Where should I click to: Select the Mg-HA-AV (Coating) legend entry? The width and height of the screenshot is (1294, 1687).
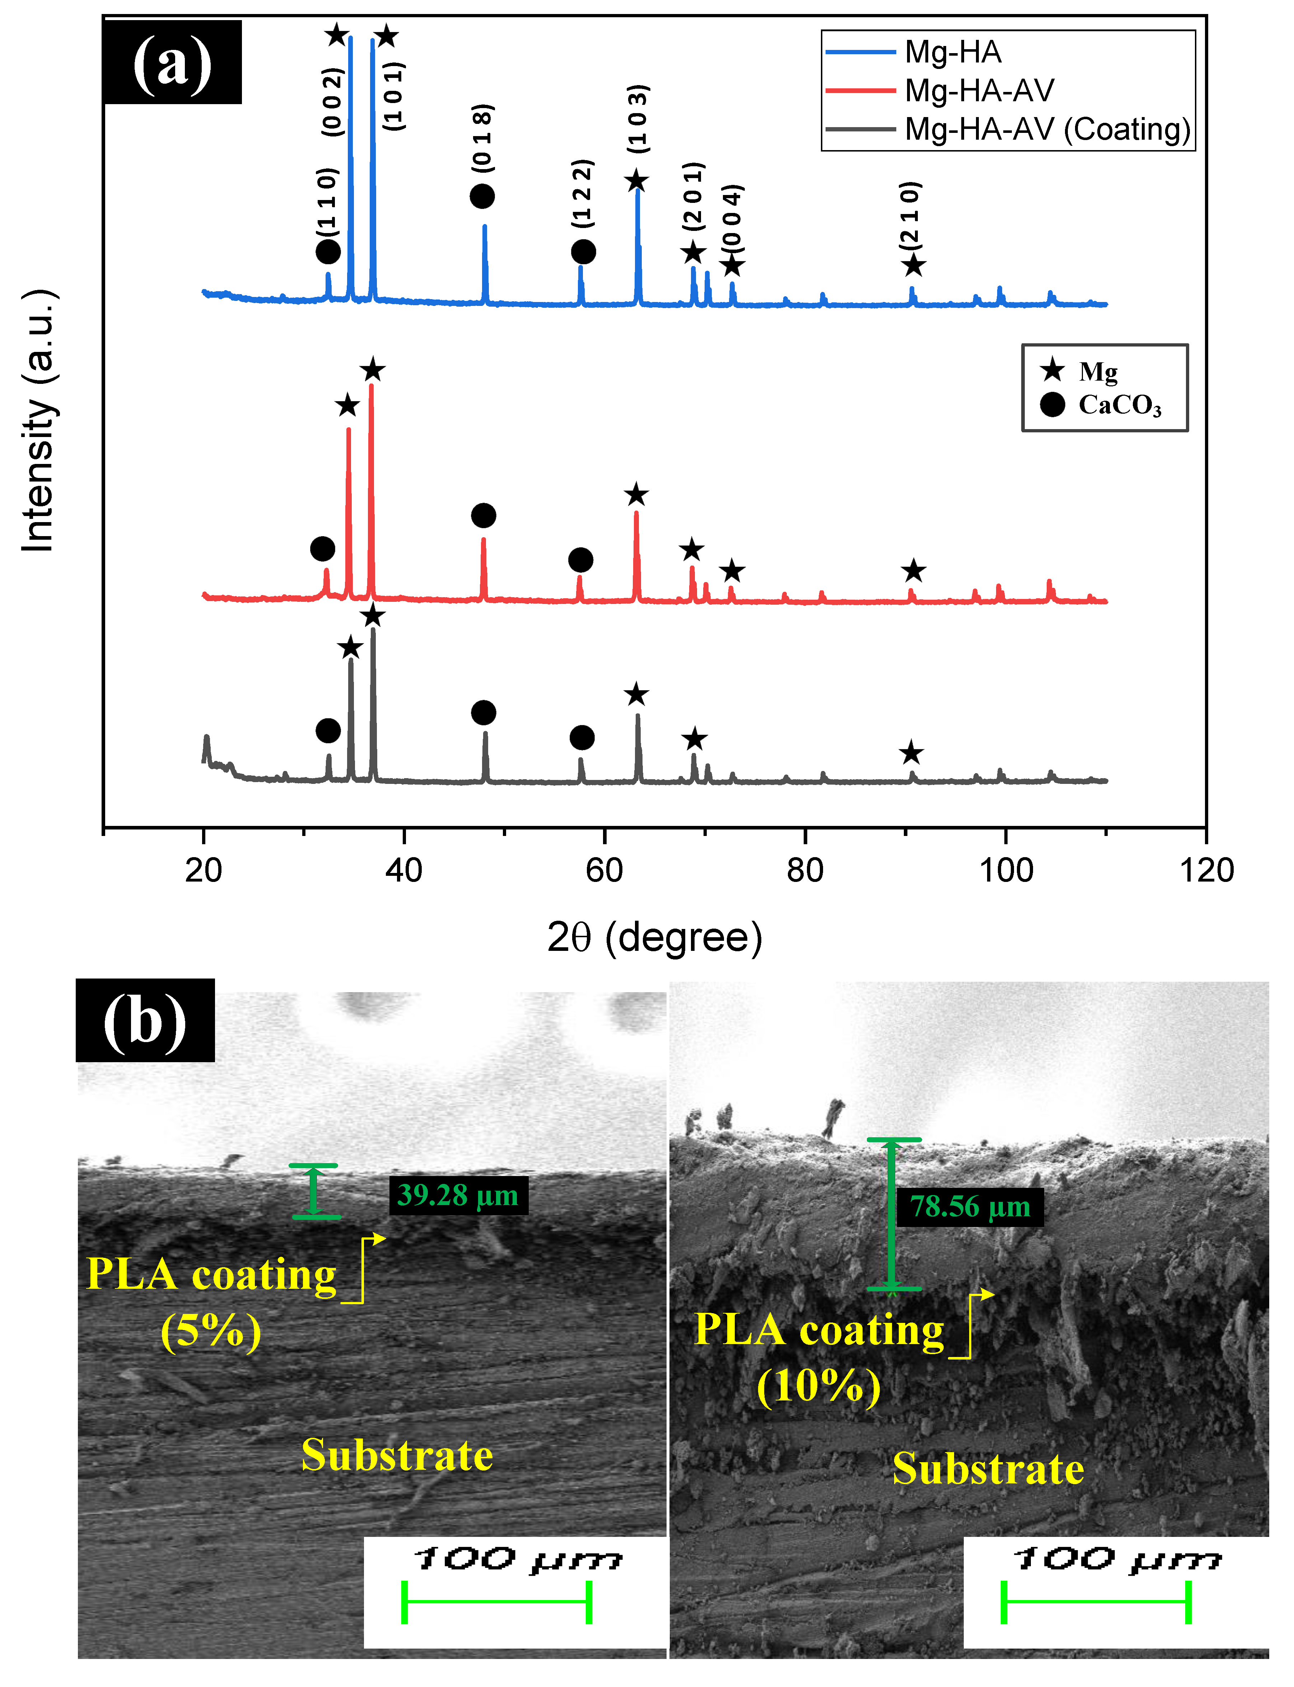pyautogui.click(x=1047, y=129)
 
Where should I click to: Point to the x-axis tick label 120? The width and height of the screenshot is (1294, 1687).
pyautogui.click(x=1206, y=870)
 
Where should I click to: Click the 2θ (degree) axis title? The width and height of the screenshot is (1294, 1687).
pyautogui.click(x=655, y=938)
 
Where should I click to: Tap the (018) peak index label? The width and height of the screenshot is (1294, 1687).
pyautogui.click(x=482, y=137)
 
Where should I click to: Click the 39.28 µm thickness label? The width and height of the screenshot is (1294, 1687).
pyautogui.click(x=458, y=1195)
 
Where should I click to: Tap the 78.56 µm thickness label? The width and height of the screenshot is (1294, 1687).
pyautogui.click(x=970, y=1206)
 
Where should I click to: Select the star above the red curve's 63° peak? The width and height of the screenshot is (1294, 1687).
pyautogui.click(x=636, y=494)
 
